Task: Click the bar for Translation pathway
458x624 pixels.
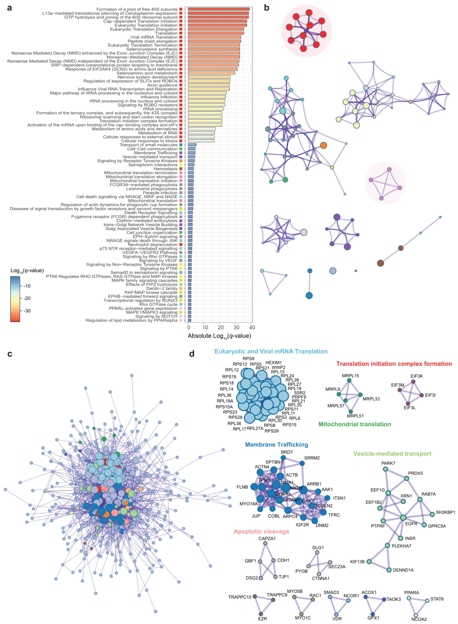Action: (x=216, y=33)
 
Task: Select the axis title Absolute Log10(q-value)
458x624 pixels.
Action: (x=219, y=336)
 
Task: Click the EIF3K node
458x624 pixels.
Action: (x=413, y=382)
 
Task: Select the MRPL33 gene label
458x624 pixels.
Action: (x=371, y=399)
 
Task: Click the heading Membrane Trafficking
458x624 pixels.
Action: (x=276, y=445)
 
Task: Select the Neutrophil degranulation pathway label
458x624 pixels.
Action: (x=152, y=245)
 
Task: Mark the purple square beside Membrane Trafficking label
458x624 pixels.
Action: (x=181, y=153)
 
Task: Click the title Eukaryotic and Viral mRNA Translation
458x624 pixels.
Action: (x=271, y=351)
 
